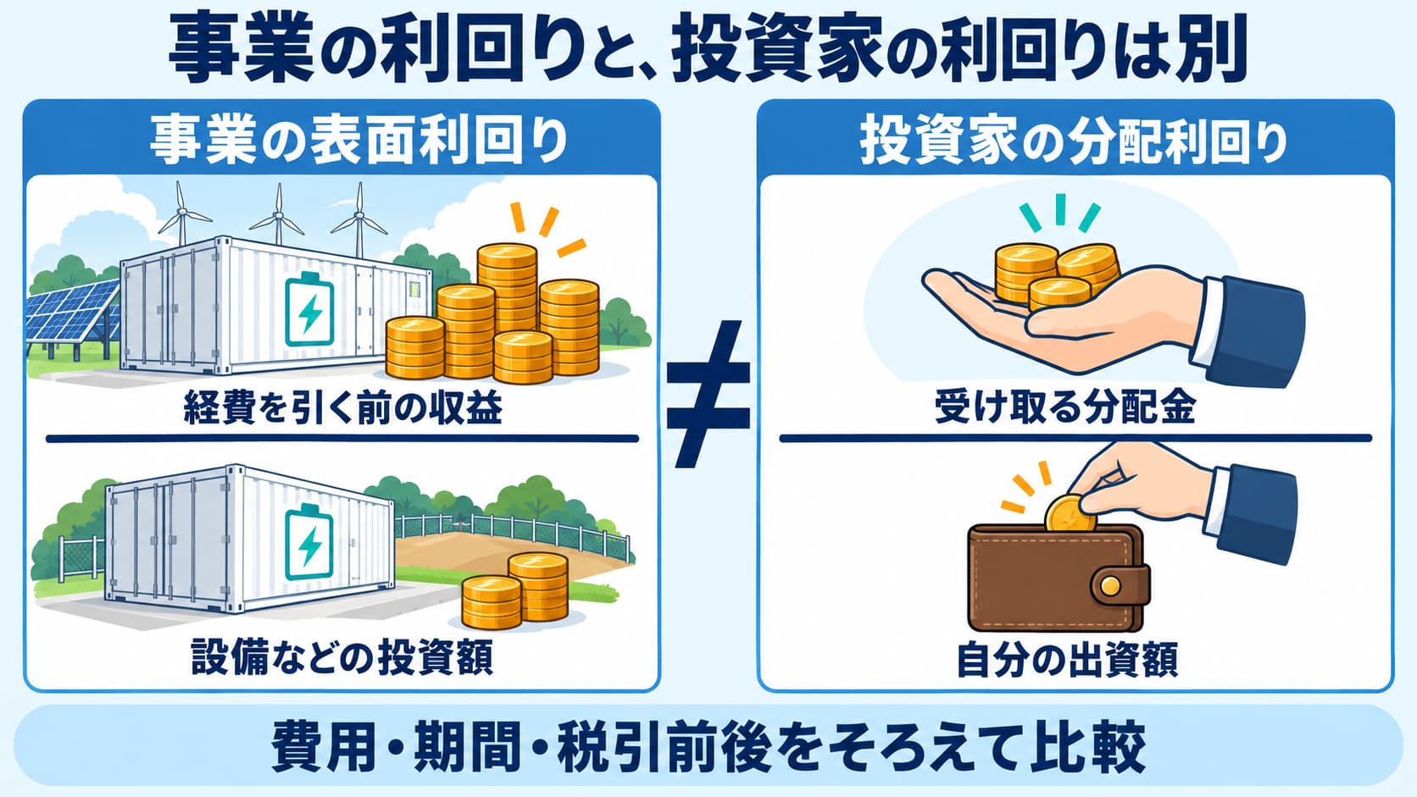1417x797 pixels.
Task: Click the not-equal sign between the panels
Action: point(708,395)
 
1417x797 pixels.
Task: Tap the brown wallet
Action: point(1058,578)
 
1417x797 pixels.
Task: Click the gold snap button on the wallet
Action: point(1109,587)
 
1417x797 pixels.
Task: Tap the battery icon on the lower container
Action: point(308,543)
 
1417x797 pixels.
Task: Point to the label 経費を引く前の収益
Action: point(343,407)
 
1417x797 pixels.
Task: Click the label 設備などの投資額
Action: point(342,656)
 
